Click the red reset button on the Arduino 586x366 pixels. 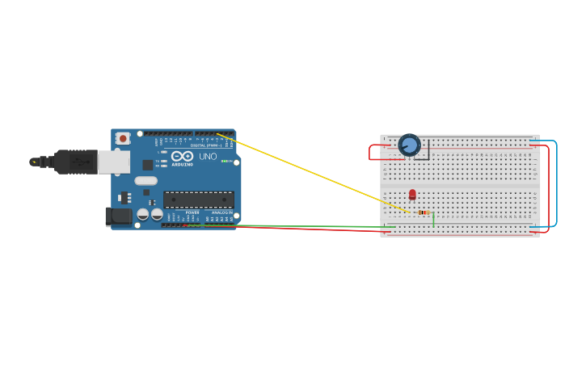[x=123, y=138]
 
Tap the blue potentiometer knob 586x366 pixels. [x=410, y=145]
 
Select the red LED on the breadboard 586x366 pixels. [x=412, y=194]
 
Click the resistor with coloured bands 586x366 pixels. [x=424, y=212]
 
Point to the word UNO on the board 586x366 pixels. [x=208, y=156]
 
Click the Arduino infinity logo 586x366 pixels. [x=183, y=156]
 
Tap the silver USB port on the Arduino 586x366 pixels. [x=114, y=162]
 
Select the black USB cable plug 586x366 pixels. [x=77, y=162]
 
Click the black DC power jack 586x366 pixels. [x=119, y=216]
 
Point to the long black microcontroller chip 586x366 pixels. [x=199, y=200]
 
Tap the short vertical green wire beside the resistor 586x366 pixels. [x=434, y=218]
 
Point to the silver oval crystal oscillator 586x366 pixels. [x=146, y=181]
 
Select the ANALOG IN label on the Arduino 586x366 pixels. [x=221, y=212]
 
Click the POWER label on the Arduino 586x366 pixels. [x=192, y=212]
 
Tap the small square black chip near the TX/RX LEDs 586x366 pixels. [x=148, y=165]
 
